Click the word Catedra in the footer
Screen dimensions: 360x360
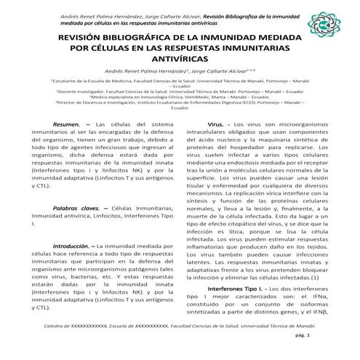(x=56, y=327)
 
